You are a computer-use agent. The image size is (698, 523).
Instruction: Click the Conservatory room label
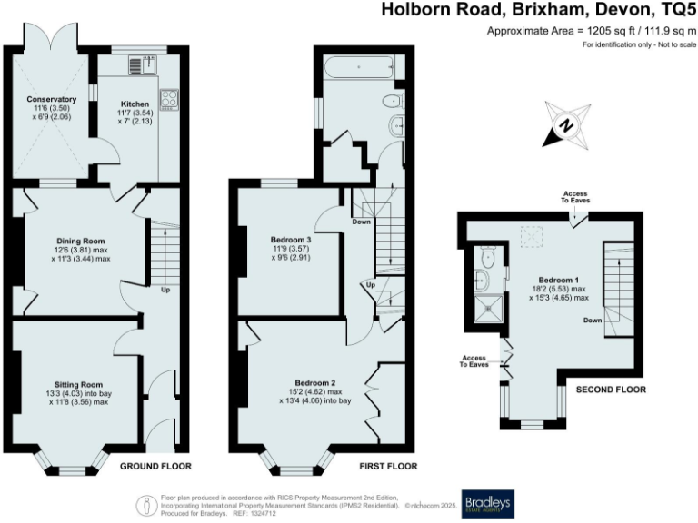pos(50,99)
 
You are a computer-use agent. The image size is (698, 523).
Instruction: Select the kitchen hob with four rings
pos(169,98)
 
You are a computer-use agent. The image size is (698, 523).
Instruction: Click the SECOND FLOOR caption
pos(611,390)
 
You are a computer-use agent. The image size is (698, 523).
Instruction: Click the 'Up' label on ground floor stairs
pos(165,291)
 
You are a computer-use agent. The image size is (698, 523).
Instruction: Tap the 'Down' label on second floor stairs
pos(592,320)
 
